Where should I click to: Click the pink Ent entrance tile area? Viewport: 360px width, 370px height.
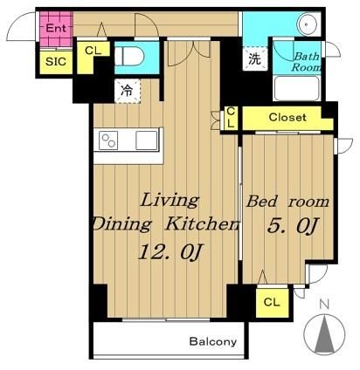pos(56,29)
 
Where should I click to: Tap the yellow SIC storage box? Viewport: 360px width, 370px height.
pos(56,62)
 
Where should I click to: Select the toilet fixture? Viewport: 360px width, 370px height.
pos(128,57)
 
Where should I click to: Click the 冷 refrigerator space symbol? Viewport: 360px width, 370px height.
pos(128,91)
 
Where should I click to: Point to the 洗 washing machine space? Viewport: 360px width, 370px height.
pos(255,58)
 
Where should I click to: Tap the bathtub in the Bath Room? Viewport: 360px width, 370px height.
pos(296,88)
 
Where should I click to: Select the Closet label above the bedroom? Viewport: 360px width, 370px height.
pos(287,118)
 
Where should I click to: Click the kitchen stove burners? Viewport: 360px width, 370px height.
pos(108,140)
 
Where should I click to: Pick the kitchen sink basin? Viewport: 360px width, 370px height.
pos(147,140)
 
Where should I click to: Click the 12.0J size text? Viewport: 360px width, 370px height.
pos(170,252)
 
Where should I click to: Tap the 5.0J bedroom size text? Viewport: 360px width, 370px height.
pos(292,226)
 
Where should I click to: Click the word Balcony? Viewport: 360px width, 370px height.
pos(213,341)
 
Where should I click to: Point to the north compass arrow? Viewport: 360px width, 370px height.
pos(324,334)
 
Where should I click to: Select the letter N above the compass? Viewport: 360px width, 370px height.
pos(324,305)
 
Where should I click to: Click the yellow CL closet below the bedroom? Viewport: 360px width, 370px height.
pos(273,303)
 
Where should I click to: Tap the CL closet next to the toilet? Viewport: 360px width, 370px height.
pos(93,55)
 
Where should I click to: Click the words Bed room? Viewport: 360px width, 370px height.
pos(287,202)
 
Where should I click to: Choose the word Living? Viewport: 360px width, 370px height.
pos(170,201)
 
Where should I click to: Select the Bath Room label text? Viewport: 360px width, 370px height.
pos(306,62)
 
